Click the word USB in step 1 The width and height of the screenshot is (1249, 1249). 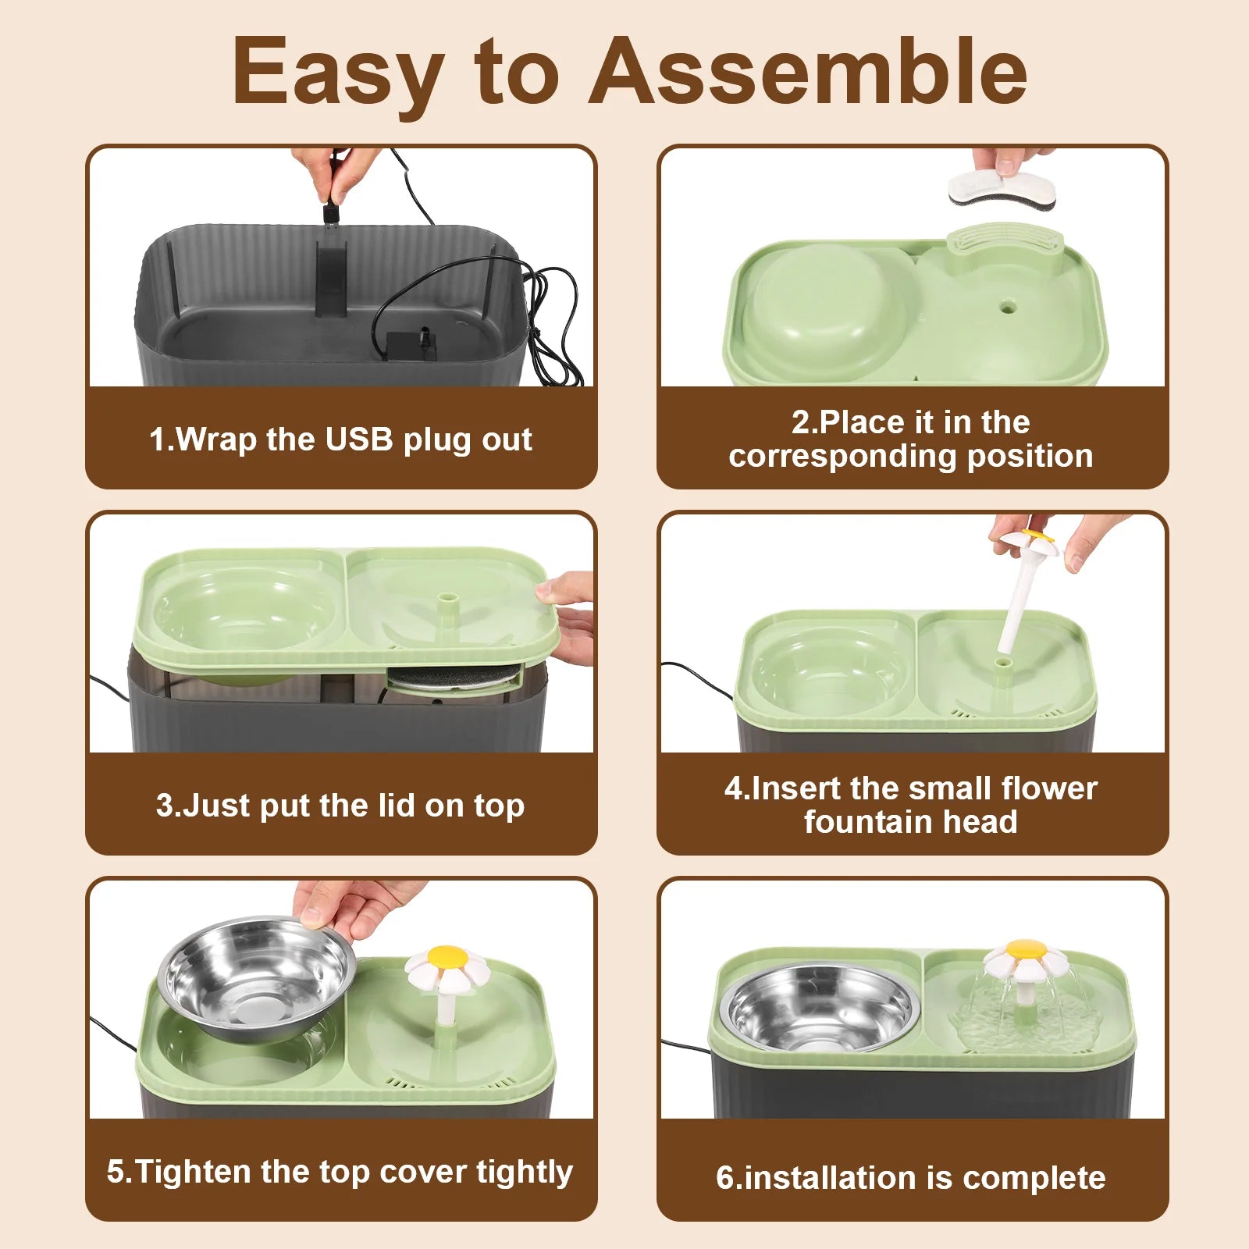pyautogui.click(x=359, y=439)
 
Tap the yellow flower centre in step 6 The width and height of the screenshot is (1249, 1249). pyautogui.click(x=1026, y=949)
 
